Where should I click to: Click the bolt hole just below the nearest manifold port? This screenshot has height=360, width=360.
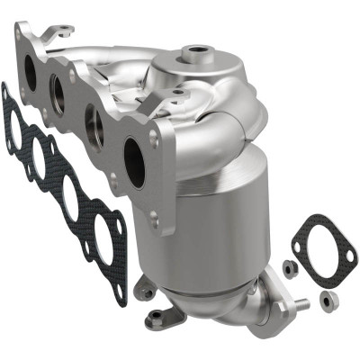pos(153,214)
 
